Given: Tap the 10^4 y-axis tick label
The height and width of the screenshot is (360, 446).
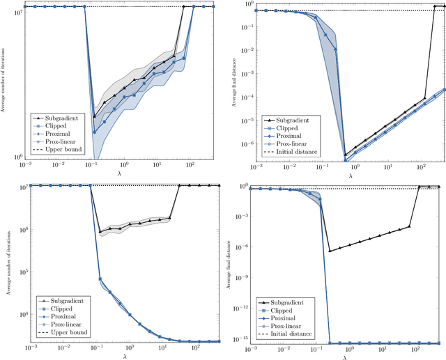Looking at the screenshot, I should click(19, 315).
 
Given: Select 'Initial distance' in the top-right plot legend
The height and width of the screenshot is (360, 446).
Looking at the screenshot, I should click(293, 152).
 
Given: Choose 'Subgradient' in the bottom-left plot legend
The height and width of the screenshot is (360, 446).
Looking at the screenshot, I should click(63, 300).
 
